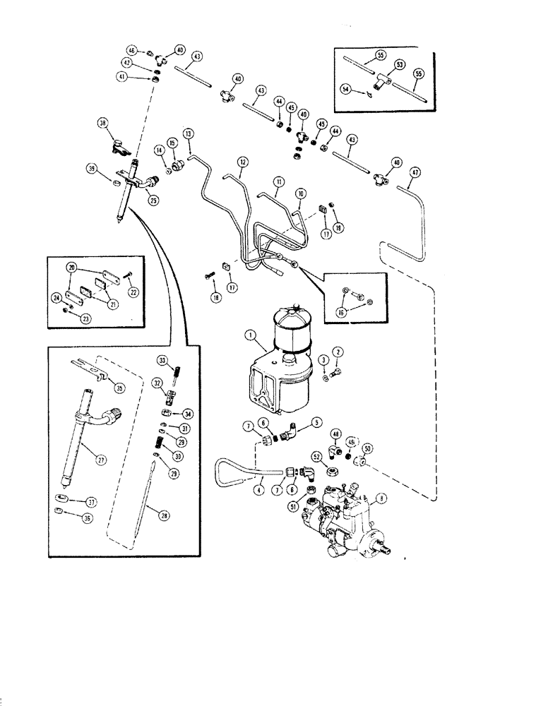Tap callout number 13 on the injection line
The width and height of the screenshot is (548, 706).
coord(189,133)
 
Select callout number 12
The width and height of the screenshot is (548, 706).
coord(242,162)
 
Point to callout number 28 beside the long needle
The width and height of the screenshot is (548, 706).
coord(164,516)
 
